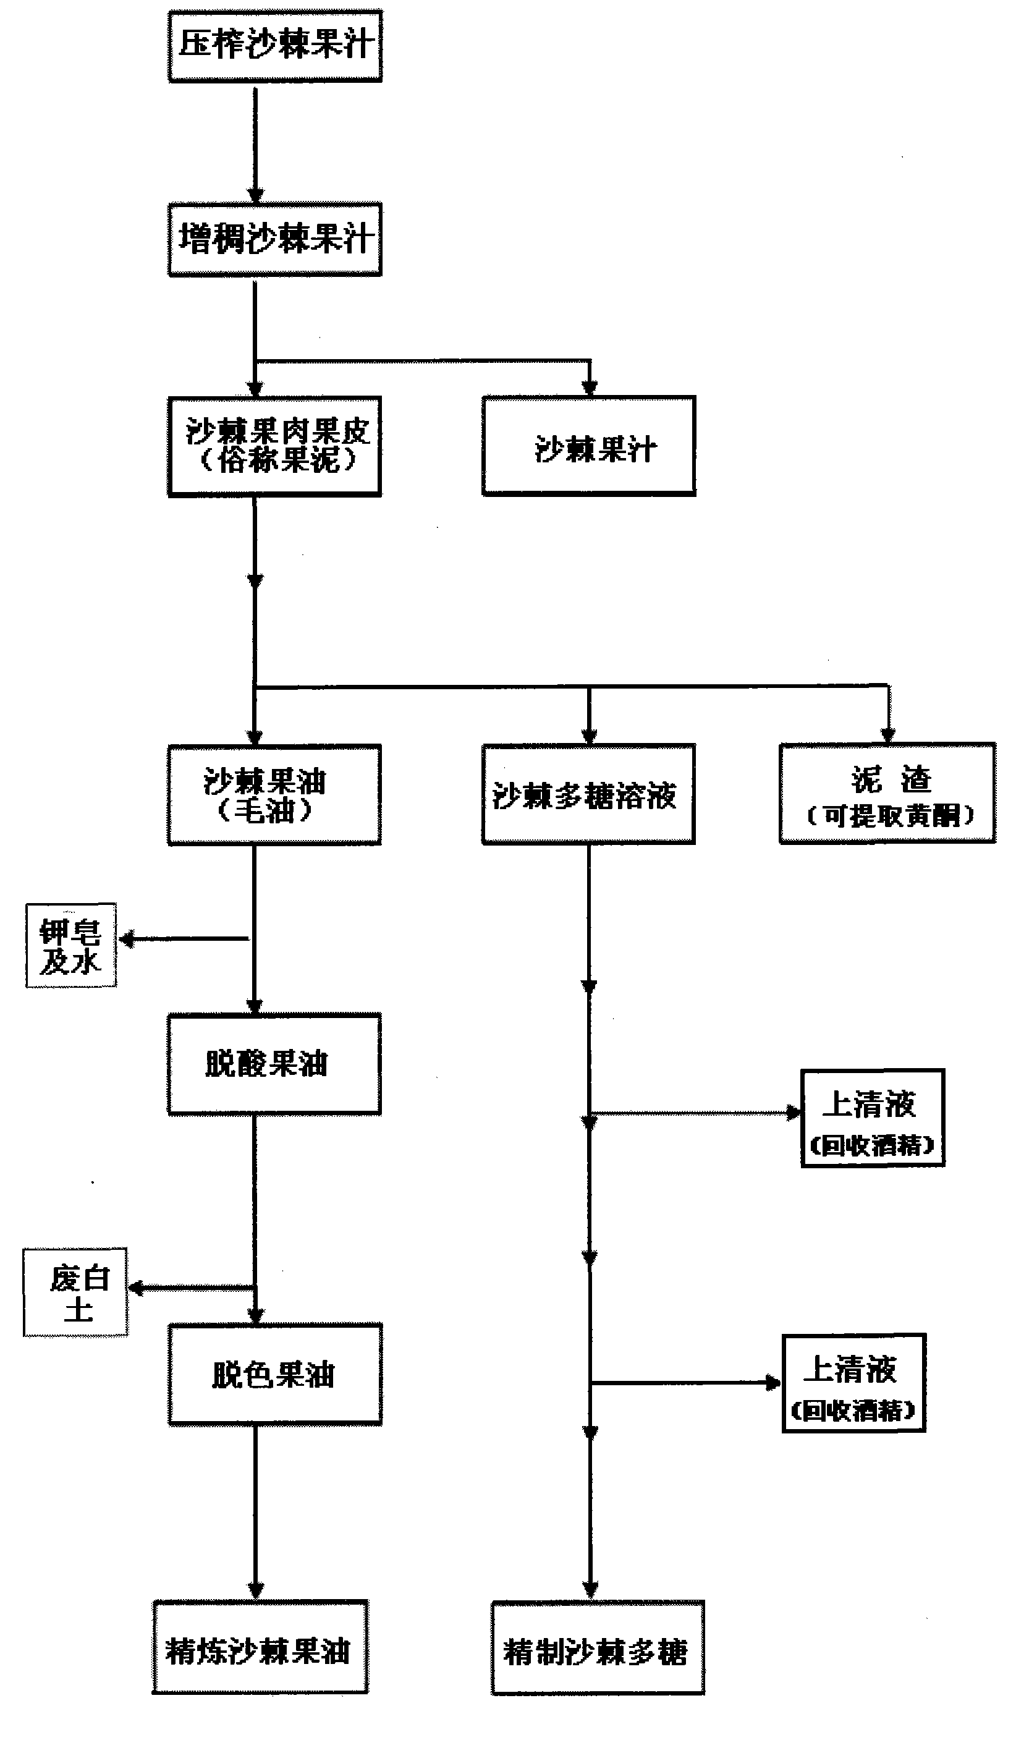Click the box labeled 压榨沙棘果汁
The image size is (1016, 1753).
[x=276, y=46]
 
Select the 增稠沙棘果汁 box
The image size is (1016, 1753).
[x=276, y=239]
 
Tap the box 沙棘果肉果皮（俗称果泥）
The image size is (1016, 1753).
[x=276, y=446]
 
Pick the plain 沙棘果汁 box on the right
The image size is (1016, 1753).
[x=589, y=446]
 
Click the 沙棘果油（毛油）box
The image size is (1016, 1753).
[x=274, y=795]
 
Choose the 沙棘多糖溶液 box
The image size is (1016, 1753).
[x=589, y=794]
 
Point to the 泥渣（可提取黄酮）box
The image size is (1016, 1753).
[x=887, y=794]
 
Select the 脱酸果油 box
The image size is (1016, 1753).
[x=274, y=1064]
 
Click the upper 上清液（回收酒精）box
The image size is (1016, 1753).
[x=873, y=1119]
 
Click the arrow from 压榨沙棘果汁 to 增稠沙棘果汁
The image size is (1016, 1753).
[x=255, y=143]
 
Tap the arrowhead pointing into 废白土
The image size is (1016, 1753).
[x=135, y=1288]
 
